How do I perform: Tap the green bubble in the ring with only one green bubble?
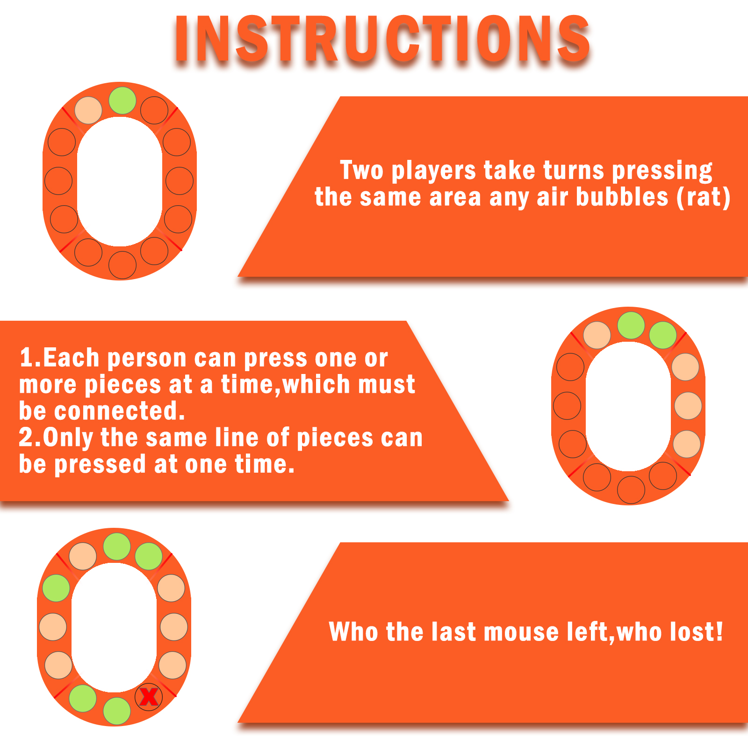pyautogui.click(x=122, y=101)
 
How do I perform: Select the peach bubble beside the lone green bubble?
pyautogui.click(x=88, y=110)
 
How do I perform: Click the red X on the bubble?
pyautogui.click(x=149, y=697)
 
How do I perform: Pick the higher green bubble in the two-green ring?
pyautogui.click(x=631, y=325)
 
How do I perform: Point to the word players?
pyautogui.click(x=433, y=171)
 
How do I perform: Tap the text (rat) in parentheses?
pyautogui.click(x=704, y=197)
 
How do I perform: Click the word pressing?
pyautogui.click(x=662, y=171)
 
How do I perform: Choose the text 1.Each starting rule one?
pyautogui.click(x=59, y=358)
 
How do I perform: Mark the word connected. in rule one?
pyautogui.click(x=120, y=411)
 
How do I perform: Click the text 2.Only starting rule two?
pyautogui.click(x=56, y=439)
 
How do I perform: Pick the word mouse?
pyautogui.click(x=521, y=633)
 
